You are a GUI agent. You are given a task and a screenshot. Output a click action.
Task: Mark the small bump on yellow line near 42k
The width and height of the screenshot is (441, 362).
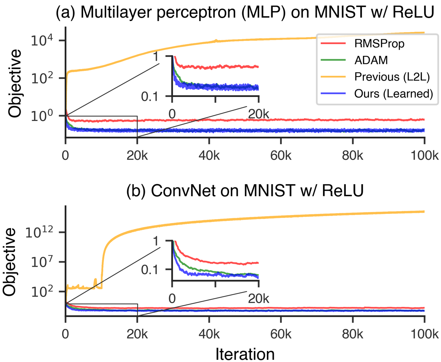click(x=216, y=40)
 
